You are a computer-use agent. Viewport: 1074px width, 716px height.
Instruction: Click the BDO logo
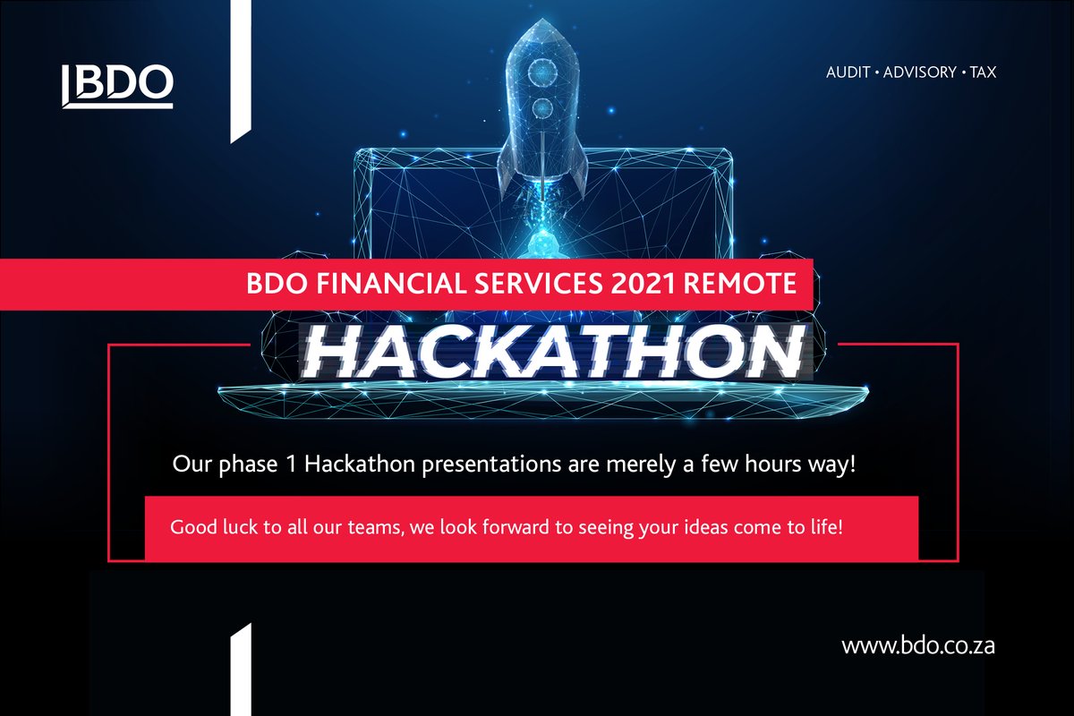point(116,84)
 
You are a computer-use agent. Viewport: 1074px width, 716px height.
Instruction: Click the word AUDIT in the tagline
point(848,72)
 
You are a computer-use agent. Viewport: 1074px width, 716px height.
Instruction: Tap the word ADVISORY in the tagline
point(919,72)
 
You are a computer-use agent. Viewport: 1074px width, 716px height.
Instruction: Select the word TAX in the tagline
point(982,72)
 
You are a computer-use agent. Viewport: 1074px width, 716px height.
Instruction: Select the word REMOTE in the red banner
point(740,286)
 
